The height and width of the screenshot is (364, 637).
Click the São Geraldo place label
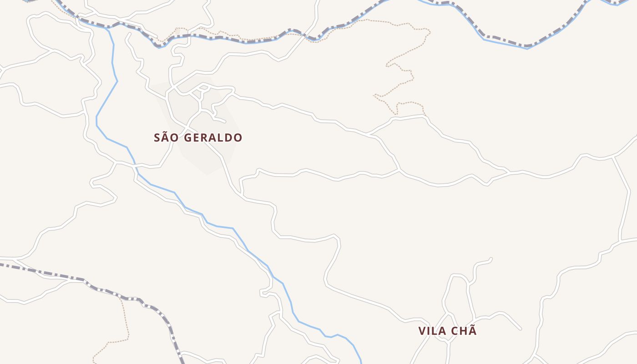coord(198,137)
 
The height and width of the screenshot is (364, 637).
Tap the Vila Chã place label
coord(447,331)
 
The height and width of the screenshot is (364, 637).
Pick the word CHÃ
coord(463,331)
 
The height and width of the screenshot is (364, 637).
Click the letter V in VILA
coord(422,331)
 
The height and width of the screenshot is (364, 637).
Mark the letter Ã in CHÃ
coord(472,330)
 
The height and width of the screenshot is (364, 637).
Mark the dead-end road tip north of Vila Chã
coord(491,259)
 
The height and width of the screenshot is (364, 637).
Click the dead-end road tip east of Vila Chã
coord(521,329)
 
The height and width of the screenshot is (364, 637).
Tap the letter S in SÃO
coord(157,137)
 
